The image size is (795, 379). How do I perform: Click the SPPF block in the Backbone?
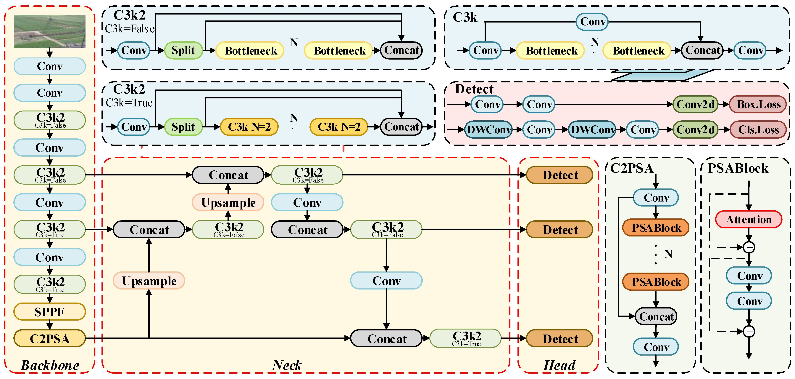pos(50,312)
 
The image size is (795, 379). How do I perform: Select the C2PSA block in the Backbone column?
pos(50,339)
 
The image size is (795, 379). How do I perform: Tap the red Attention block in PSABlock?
pos(749,220)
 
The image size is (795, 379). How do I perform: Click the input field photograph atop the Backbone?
pos(50,31)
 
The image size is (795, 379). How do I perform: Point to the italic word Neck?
pos(287,365)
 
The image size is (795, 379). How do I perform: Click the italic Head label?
pos(559,365)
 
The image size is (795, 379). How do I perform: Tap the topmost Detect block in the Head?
pos(559,175)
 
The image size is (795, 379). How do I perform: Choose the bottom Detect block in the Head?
pos(559,339)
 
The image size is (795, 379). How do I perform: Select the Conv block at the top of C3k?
pos(592,22)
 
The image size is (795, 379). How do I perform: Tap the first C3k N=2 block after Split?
pos(249,127)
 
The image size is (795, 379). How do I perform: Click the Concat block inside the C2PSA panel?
pos(656,316)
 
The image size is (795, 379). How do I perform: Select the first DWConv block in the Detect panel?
pos(488,130)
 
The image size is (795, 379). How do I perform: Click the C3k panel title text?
pos(465,17)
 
